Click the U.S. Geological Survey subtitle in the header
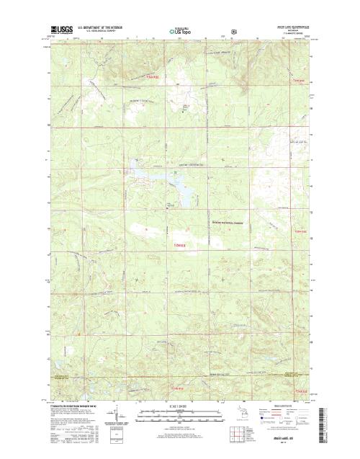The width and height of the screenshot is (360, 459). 102,32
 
